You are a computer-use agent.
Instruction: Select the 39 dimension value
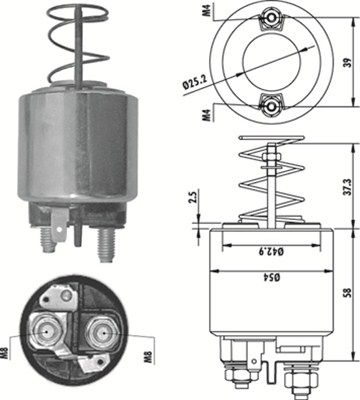click(346, 61)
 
